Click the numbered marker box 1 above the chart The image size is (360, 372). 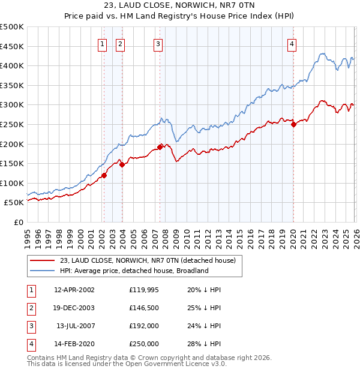pyautogui.click(x=103, y=43)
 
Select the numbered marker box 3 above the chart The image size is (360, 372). pyautogui.click(x=158, y=43)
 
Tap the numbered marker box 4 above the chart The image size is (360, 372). pyautogui.click(x=292, y=43)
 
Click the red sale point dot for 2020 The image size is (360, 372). pyautogui.click(x=293, y=125)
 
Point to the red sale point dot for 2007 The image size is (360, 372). pyautogui.click(x=160, y=147)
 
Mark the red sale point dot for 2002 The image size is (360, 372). pyautogui.click(x=104, y=175)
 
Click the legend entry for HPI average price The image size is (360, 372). pyautogui.click(x=134, y=271)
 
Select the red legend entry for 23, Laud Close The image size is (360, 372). pyautogui.click(x=148, y=260)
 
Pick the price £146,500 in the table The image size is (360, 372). pyautogui.click(x=144, y=308)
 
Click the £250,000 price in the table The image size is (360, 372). pyautogui.click(x=144, y=344)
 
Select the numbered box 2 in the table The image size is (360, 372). pyautogui.click(x=31, y=308)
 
